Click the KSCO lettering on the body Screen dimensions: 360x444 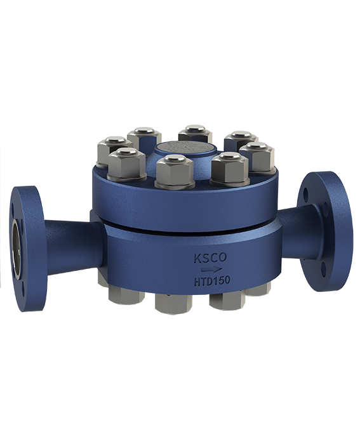(x=210, y=258)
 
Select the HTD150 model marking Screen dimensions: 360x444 (x=211, y=280)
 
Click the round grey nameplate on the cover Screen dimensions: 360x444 (x=185, y=150)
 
